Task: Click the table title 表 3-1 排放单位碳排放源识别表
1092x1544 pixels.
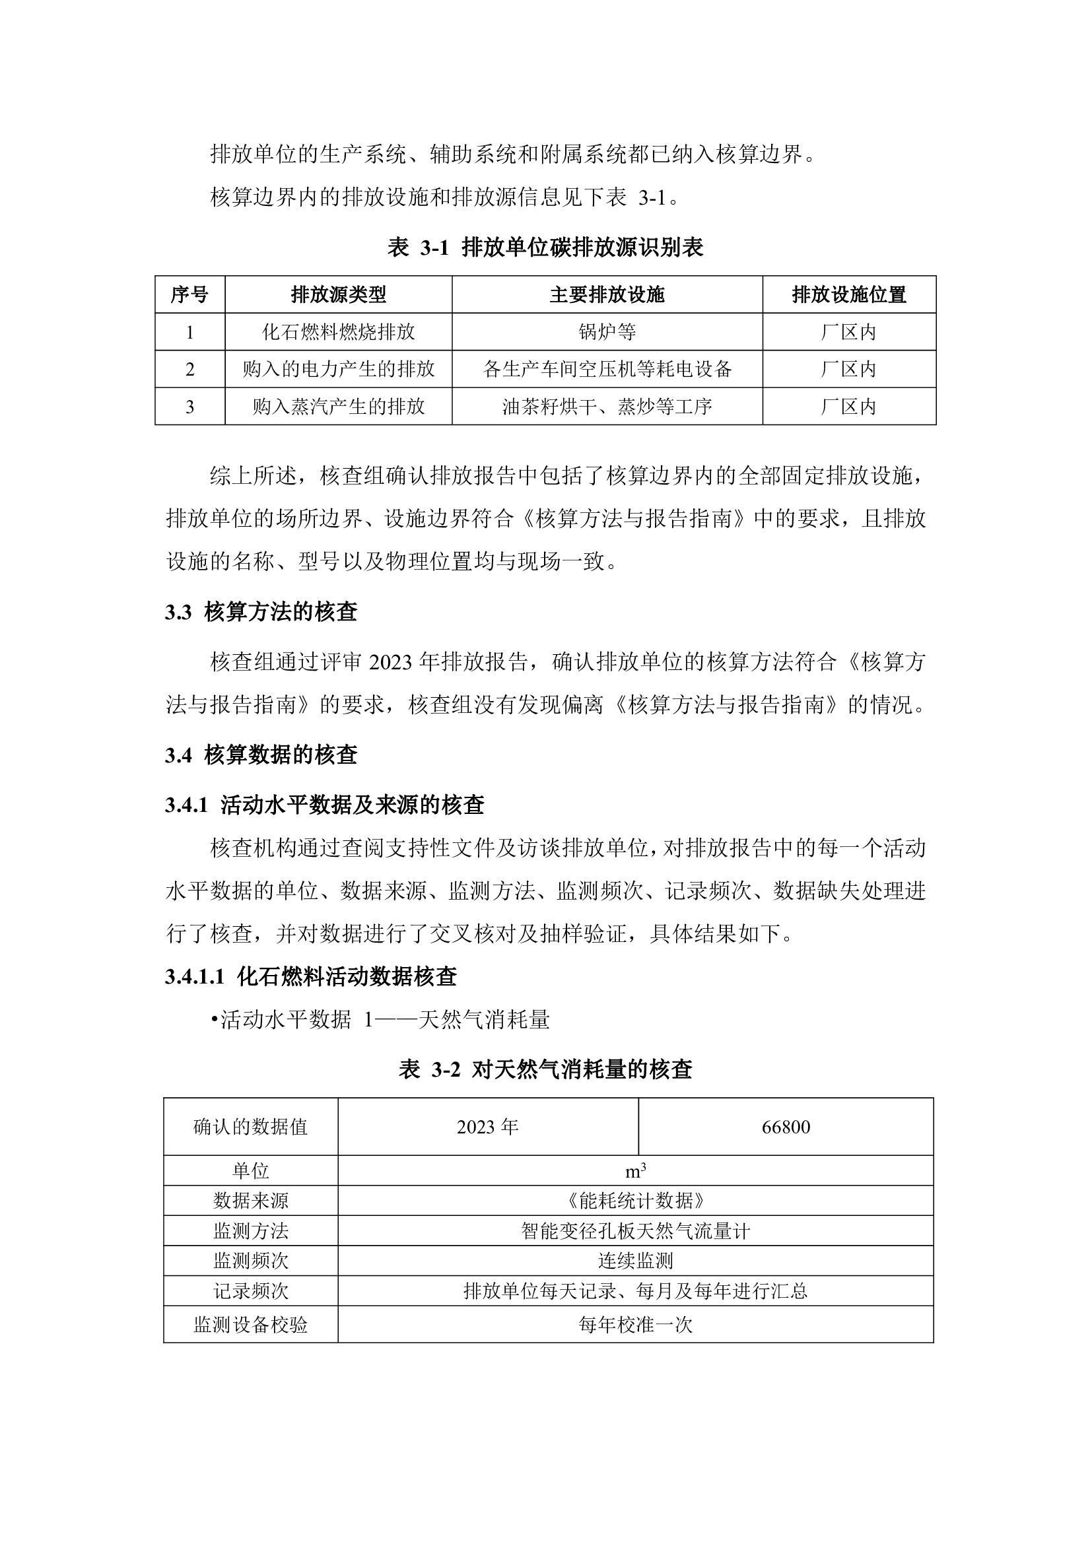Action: [545, 248]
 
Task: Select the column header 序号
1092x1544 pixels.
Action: [189, 294]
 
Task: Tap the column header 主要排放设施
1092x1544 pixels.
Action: [607, 294]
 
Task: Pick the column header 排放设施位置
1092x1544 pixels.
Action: [848, 294]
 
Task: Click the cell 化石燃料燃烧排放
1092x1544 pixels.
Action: [338, 332]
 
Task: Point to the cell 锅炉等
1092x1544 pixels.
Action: [607, 332]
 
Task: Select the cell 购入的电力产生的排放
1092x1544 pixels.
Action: [338, 369]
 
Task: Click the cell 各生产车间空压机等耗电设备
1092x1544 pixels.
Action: [607, 369]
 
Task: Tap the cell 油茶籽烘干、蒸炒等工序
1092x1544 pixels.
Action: [607, 407]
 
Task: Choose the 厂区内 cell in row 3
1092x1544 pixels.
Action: [848, 407]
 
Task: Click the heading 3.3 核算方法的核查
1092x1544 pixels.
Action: [261, 612]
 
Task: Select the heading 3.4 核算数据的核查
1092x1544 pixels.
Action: [261, 755]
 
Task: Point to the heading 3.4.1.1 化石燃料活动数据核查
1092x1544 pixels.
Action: [311, 976]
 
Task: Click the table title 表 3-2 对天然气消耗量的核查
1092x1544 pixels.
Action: [545, 1069]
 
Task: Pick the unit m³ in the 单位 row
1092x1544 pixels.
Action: [635, 1172]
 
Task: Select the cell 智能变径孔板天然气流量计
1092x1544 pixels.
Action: [635, 1231]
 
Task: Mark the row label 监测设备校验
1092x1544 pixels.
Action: [250, 1325]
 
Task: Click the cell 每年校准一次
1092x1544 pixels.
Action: [635, 1325]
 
